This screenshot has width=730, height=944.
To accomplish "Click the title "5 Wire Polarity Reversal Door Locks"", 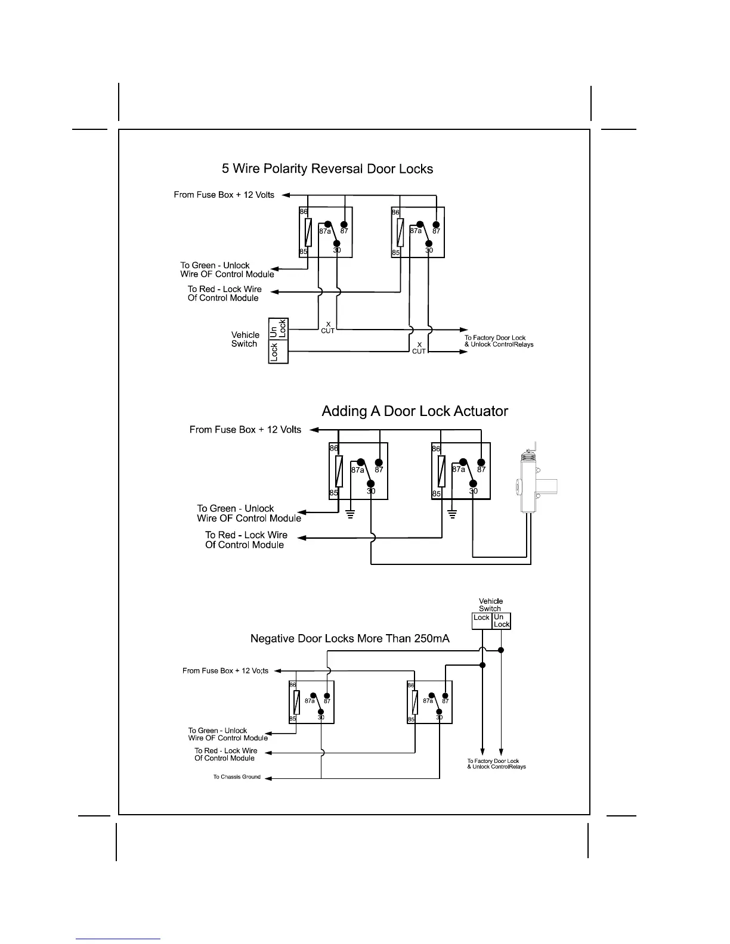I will click(x=327, y=169).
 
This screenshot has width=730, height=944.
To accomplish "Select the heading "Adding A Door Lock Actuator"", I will click(x=415, y=411).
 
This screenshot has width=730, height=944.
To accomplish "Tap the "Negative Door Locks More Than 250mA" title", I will click(x=350, y=639).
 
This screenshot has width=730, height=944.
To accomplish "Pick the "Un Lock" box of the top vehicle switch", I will click(x=279, y=328).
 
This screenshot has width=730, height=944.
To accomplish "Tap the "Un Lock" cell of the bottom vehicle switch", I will click(x=502, y=621).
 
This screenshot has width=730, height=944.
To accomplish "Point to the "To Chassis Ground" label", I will click(x=237, y=777).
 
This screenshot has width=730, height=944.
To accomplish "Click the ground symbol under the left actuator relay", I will click(x=351, y=514).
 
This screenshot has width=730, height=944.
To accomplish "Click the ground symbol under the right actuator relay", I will click(x=453, y=514).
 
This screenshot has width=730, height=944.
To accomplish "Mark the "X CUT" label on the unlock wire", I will click(x=328, y=328).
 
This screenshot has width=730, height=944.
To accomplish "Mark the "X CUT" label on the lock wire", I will click(x=419, y=348).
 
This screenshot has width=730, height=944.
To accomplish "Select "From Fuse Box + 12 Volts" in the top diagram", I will click(x=224, y=195).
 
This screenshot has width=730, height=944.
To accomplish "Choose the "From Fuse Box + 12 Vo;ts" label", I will click(x=225, y=671).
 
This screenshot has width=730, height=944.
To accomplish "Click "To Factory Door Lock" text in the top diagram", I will click(x=496, y=338).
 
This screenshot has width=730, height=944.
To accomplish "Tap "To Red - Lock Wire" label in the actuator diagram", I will click(x=246, y=535).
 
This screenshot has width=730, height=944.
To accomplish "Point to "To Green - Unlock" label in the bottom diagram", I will click(x=217, y=730).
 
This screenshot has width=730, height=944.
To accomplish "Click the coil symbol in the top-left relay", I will click(x=308, y=232).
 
